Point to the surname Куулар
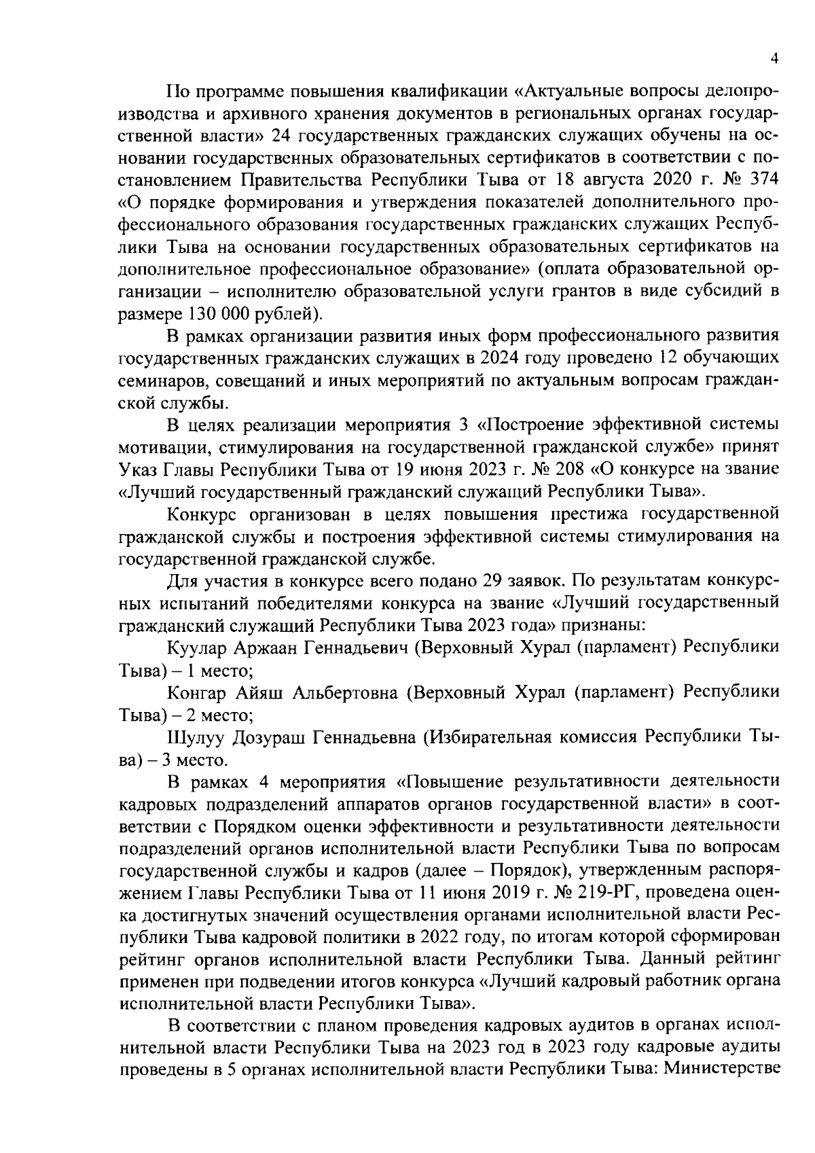click(197, 648)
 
